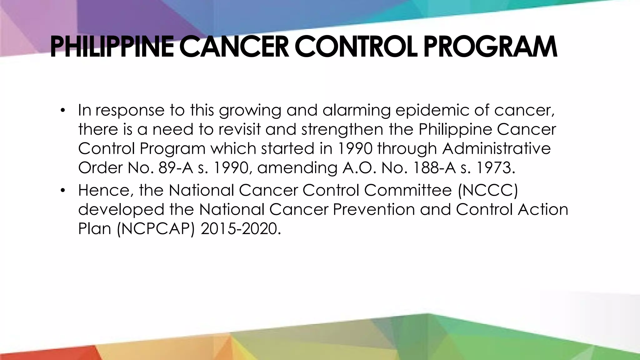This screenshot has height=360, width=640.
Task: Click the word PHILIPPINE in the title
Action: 112,47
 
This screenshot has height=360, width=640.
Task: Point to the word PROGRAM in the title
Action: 490,47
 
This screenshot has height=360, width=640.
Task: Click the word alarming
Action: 356,110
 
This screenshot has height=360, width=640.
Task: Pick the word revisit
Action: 239,129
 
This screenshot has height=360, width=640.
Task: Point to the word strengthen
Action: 342,129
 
